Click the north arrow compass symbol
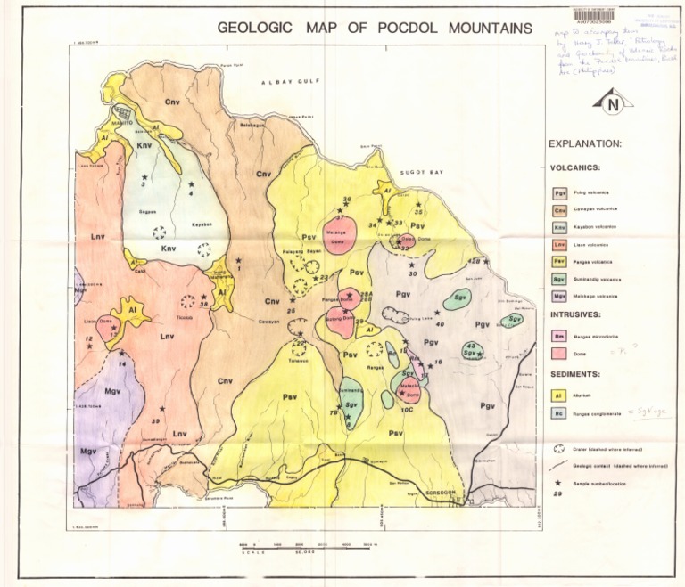tap(612, 104)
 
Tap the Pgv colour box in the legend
tap(560, 192)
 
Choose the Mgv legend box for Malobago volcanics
tap(560, 295)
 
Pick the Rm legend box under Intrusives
tap(560, 336)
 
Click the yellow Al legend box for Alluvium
tap(560, 395)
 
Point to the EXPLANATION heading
tap(585, 143)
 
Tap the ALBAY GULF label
tap(283, 82)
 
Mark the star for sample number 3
tap(144, 177)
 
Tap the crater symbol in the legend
tap(559, 450)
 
